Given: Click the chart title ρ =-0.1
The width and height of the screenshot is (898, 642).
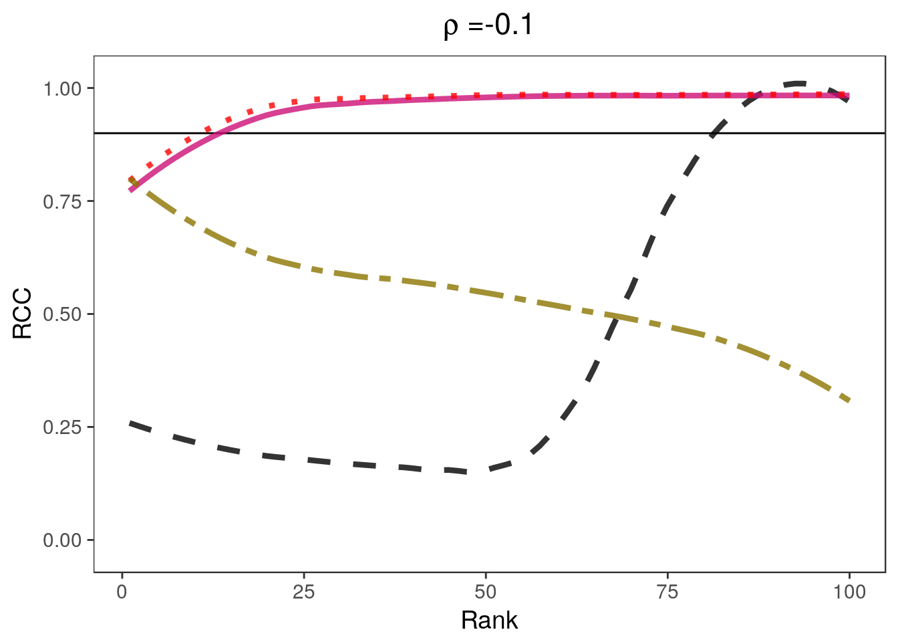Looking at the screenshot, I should tap(488, 26).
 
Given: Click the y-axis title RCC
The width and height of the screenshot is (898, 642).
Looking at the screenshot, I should tap(23, 314).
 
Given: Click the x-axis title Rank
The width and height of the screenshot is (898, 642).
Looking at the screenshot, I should tap(489, 620).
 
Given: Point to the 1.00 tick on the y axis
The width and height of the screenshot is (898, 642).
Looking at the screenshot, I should tap(63, 88).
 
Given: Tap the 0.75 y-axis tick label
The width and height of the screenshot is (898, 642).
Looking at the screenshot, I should tap(63, 201).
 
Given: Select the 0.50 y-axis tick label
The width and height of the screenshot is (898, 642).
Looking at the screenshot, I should tap(63, 314).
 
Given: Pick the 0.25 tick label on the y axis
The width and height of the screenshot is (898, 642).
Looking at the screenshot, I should tap(63, 427).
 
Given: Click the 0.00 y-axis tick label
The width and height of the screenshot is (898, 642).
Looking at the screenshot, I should tap(63, 540).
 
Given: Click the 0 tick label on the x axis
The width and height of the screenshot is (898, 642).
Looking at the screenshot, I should tap(122, 592).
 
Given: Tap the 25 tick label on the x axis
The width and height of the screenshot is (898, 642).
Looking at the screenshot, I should tap(303, 592).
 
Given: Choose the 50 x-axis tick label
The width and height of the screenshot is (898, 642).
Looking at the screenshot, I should tap(486, 592).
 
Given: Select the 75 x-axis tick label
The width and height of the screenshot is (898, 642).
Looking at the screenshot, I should tap(667, 592).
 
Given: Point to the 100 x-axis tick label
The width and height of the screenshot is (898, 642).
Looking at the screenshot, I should tap(849, 592).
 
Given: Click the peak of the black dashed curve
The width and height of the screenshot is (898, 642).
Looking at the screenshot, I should tap(798, 84).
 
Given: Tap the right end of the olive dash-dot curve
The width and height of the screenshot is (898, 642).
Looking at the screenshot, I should tap(849, 401).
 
